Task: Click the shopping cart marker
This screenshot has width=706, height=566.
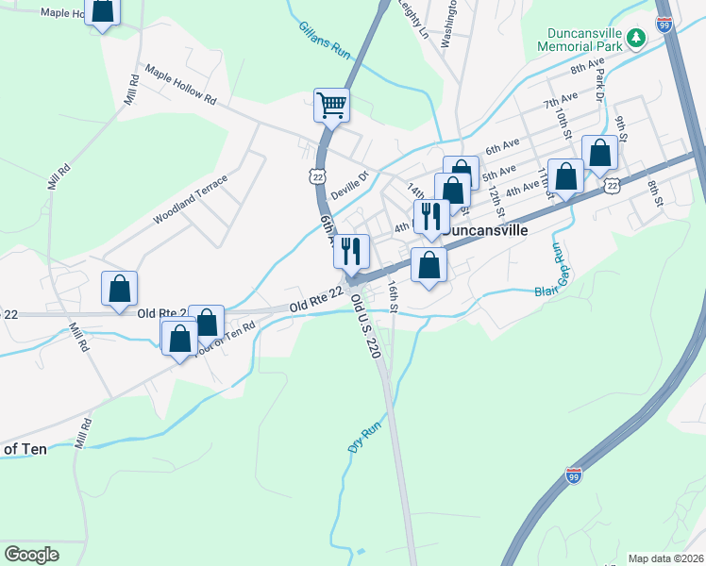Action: [331, 105]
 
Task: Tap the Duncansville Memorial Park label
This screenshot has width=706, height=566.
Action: [580, 38]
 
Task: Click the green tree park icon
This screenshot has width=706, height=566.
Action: [637, 38]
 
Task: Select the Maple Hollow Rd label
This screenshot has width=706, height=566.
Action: [180, 85]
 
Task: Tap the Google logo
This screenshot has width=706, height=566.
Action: [31, 554]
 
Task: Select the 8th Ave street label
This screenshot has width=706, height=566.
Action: [586, 66]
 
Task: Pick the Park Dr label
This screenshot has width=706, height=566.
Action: [598, 82]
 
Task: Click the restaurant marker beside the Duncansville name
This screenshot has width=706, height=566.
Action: [430, 216]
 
